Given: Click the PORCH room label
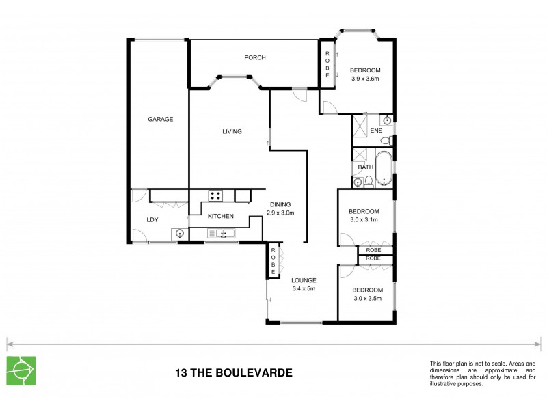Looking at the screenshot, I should [254, 57].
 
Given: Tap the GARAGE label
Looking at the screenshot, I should [161, 119].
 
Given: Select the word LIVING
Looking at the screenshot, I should [231, 132].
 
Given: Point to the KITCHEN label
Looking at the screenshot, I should [221, 217].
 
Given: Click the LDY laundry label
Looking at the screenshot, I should [152, 219].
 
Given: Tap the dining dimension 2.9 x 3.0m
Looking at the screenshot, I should [280, 212].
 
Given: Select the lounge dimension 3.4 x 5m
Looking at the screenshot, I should [302, 289].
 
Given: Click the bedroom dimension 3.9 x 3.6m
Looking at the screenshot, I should [364, 79].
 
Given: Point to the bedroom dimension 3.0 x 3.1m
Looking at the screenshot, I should [364, 220].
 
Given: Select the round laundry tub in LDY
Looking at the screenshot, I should [180, 234].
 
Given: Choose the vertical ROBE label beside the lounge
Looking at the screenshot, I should [272, 260].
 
